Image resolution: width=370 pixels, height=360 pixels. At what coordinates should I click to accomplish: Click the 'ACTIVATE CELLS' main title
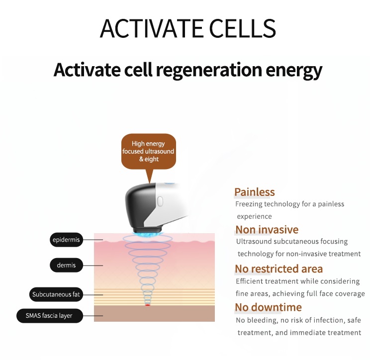click(x=187, y=28)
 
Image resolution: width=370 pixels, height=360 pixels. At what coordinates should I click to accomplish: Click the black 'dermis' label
click(x=66, y=265)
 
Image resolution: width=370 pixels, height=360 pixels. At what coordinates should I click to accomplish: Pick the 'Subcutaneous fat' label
click(x=56, y=294)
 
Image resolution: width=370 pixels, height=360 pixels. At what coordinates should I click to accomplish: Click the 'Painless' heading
click(x=254, y=192)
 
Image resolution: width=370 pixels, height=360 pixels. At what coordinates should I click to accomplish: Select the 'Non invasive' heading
click(x=267, y=229)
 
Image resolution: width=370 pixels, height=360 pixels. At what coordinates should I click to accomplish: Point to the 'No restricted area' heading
click(x=278, y=269)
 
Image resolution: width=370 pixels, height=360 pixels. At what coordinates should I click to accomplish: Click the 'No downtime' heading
click(x=268, y=307)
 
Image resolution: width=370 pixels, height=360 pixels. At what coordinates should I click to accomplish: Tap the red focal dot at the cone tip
click(x=147, y=305)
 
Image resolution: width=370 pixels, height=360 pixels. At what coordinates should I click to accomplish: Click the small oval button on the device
click(x=160, y=200)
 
